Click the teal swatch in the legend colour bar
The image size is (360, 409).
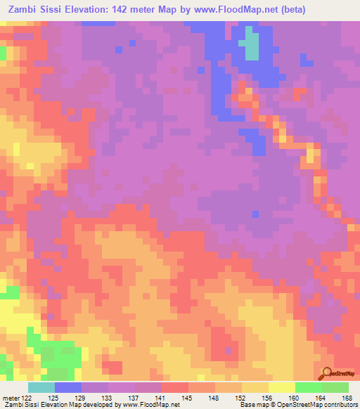[x=41, y=387]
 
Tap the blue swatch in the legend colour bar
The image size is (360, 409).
[x=68, y=387]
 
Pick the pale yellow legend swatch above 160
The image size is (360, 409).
[x=281, y=387]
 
